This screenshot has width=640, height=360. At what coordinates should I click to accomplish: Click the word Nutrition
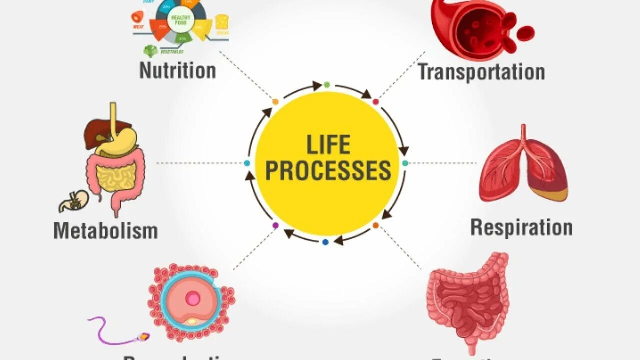177,70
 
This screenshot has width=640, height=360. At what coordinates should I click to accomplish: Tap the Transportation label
481,72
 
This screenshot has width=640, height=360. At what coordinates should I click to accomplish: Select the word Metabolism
105,231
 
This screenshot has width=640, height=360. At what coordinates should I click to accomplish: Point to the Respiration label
521,228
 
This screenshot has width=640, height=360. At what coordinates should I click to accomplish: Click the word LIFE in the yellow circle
328,145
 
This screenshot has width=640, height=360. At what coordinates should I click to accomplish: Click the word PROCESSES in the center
328,170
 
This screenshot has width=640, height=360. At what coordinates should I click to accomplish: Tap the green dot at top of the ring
327,85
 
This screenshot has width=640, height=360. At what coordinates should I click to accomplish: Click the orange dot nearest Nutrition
275,102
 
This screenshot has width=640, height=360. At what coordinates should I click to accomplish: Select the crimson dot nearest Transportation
376,102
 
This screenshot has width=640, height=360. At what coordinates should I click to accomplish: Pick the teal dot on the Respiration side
405,163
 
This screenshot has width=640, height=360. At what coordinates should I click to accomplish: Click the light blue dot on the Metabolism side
247,163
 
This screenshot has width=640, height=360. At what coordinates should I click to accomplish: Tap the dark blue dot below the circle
325,242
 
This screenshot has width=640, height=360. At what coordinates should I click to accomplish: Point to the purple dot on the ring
275,225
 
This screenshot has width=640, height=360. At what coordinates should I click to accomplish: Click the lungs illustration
523,165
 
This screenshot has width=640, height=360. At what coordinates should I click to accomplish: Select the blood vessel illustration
475,27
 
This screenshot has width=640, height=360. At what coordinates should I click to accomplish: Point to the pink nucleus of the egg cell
192,299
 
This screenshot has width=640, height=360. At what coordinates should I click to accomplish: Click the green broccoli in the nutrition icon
150,50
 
